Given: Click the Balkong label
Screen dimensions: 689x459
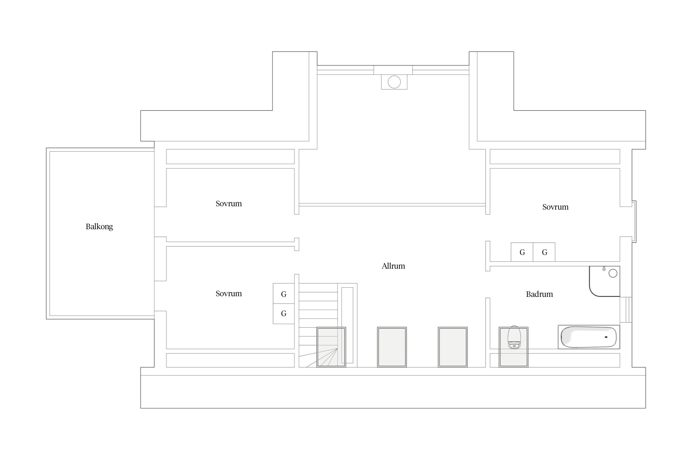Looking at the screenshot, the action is point(99,227).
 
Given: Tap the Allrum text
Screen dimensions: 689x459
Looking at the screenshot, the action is point(393,266).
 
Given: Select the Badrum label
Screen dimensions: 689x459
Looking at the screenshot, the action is point(539,294).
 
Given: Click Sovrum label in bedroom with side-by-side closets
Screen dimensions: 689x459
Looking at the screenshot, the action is point(555,207).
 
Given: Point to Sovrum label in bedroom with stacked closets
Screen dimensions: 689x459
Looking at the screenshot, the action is point(228,294).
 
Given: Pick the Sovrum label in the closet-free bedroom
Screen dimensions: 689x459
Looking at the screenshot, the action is point(228,204).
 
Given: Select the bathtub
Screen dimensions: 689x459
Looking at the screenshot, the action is point(589,337).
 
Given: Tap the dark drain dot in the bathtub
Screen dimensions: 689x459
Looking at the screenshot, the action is point(606,337).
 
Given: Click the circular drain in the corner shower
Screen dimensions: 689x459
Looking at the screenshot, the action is point(613,273).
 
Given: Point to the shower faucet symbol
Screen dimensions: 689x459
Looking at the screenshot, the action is point(604,268).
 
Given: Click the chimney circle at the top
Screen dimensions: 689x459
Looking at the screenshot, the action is point(394,82).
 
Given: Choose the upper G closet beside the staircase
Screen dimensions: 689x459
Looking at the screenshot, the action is point(284,294).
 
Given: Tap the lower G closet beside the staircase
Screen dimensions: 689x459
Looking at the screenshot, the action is point(284,314).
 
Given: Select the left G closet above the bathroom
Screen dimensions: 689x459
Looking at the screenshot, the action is point(522,252).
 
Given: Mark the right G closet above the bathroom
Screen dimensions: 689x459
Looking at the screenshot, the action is point(544,252).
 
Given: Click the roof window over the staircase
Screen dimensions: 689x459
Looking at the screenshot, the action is point(331,347).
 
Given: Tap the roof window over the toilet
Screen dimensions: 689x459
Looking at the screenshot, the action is point(514,347).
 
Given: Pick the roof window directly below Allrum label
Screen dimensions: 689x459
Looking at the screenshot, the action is point(392,347).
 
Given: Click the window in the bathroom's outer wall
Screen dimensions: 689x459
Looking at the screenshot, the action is point(626,310).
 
